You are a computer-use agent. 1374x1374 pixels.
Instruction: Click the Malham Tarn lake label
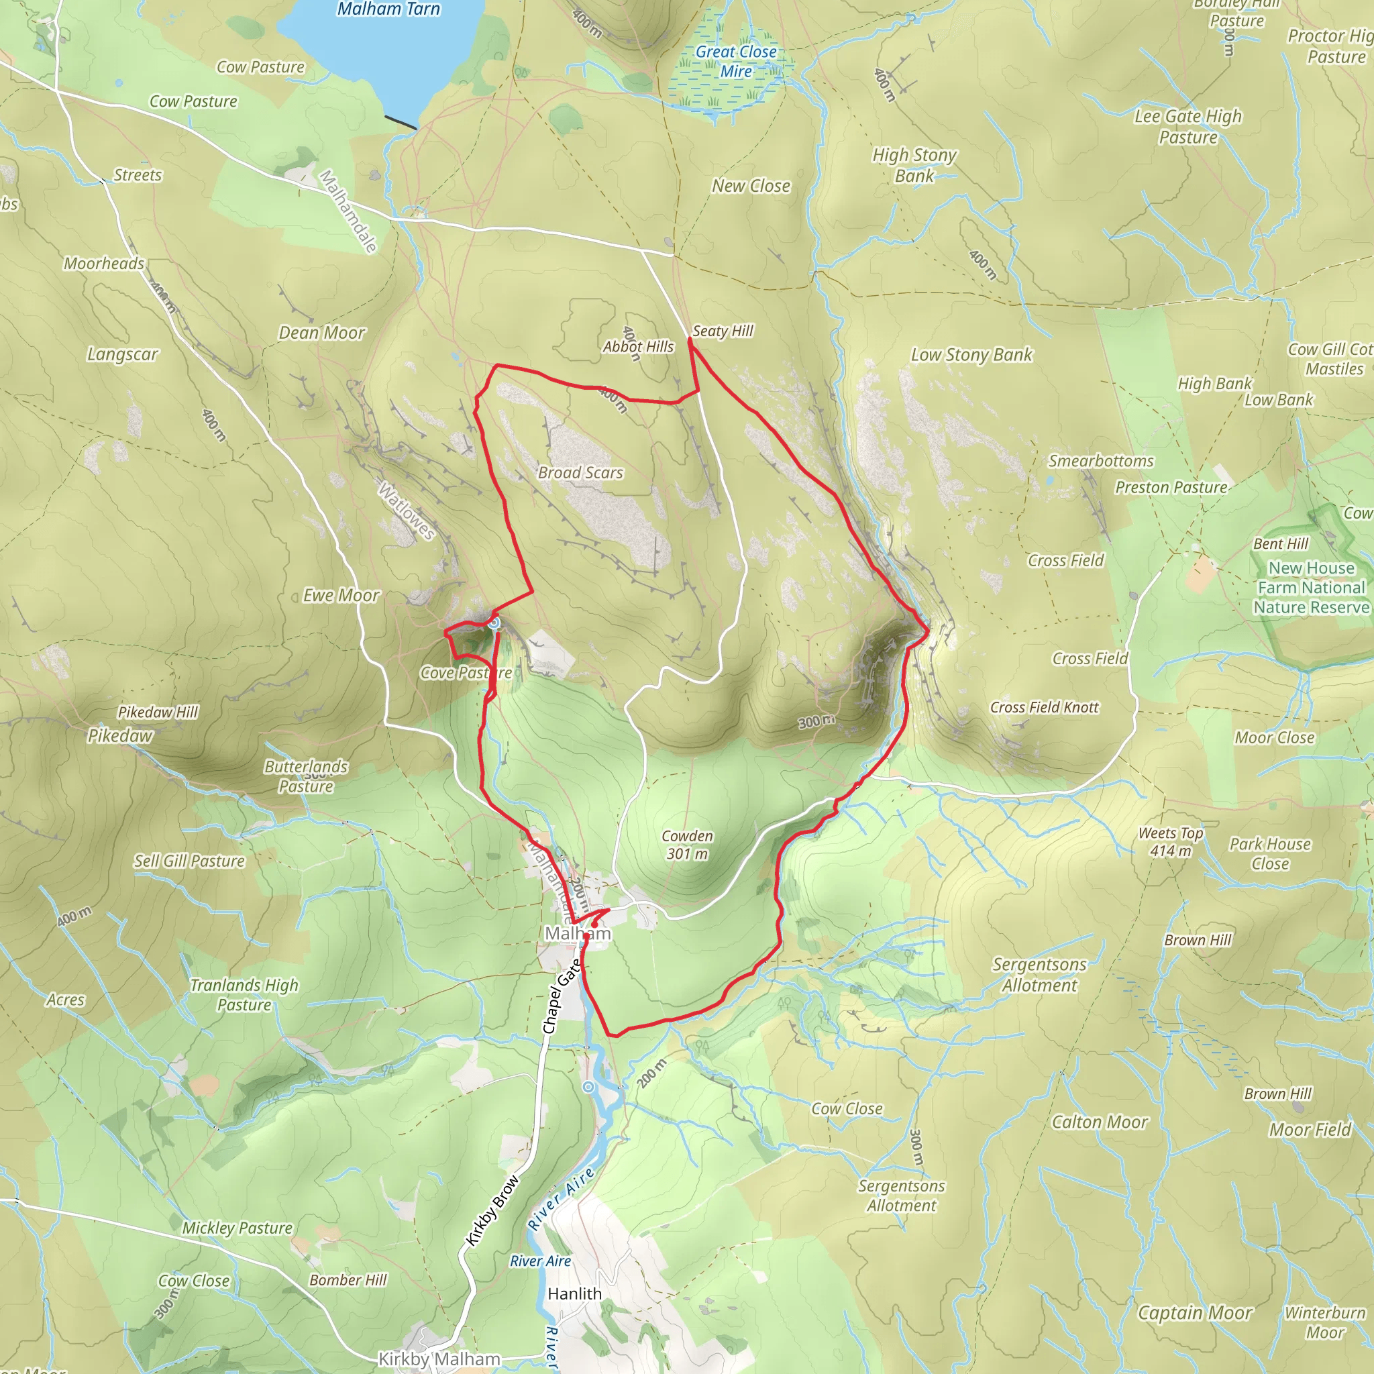tap(388, 9)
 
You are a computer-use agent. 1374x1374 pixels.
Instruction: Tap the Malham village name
tap(578, 933)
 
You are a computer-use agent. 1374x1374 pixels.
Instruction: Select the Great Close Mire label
tap(735, 61)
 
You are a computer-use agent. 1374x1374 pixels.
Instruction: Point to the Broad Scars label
tap(580, 472)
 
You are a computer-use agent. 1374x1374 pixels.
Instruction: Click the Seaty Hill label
tap(723, 331)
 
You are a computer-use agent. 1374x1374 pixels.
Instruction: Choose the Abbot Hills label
tap(638, 346)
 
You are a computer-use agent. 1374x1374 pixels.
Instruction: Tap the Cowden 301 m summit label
tap(687, 844)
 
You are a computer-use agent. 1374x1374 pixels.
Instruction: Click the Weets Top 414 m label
tap(1171, 841)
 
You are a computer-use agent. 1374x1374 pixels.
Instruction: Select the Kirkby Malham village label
tap(439, 1359)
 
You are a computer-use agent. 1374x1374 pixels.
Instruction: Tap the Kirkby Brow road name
tap(492, 1211)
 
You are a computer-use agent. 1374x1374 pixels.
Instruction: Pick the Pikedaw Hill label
tap(158, 712)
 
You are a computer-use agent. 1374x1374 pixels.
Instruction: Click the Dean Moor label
tap(321, 333)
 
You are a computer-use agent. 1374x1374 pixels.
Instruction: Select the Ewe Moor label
tap(341, 595)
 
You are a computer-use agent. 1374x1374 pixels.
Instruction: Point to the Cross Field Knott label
tap(1044, 707)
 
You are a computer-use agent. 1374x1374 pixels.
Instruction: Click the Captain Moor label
tap(1195, 1313)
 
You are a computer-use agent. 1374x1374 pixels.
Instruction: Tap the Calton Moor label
tap(1100, 1122)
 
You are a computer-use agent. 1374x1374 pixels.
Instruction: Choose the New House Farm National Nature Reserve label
tap(1311, 588)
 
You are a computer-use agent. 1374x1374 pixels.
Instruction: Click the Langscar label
tap(122, 354)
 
